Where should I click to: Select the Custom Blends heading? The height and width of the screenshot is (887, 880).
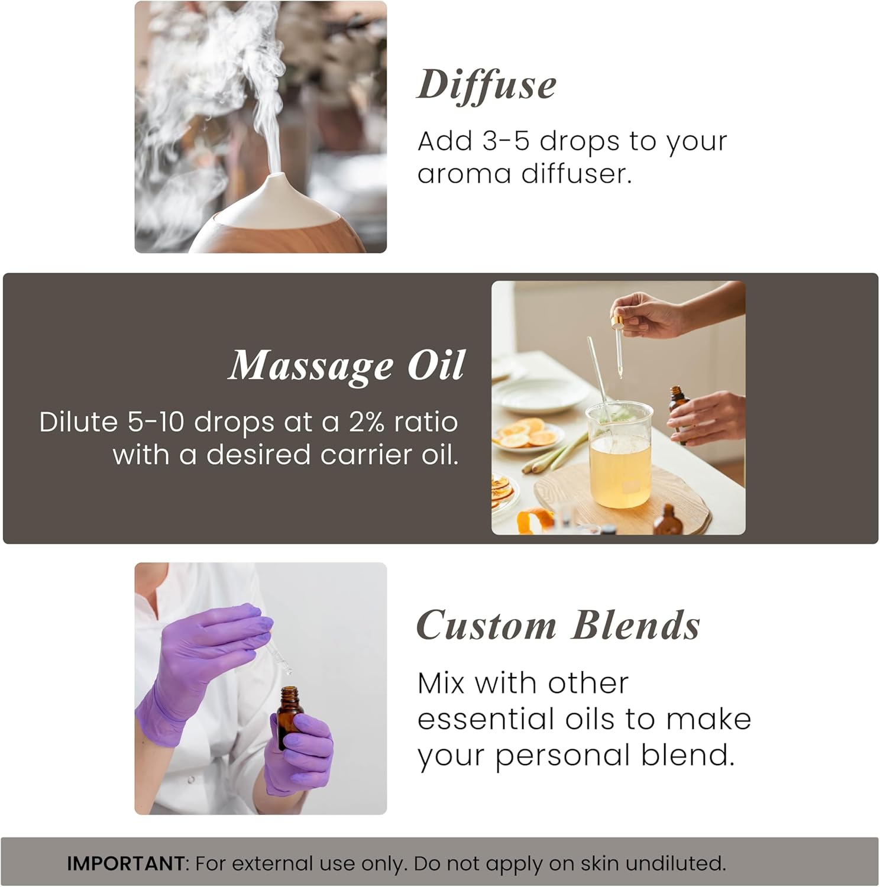pos(558,626)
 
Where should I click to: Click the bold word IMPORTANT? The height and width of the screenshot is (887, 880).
pos(125,863)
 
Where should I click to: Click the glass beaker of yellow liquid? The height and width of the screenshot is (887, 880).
pos(619,455)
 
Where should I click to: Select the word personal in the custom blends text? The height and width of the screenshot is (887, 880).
pos(562,756)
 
